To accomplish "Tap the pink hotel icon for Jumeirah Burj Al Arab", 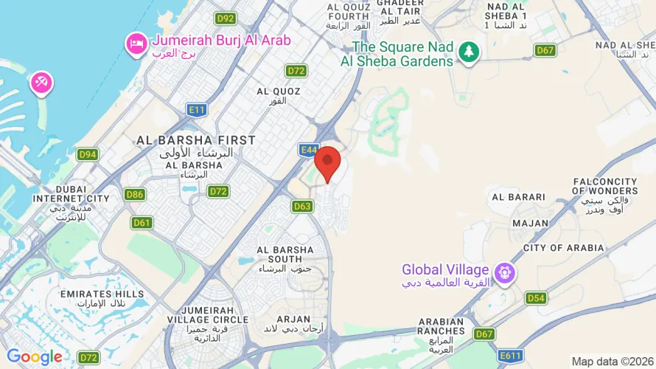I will [x=136, y=44].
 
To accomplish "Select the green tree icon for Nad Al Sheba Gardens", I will [x=468, y=52].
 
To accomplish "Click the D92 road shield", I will [x=225, y=18].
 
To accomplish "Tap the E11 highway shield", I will [x=196, y=110].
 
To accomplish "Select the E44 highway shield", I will [x=309, y=150].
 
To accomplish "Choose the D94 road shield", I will [x=88, y=154].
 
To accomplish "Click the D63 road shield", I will [x=302, y=207].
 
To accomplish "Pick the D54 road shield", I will [x=536, y=298].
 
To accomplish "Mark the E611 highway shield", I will [x=510, y=357].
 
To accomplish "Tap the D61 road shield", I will [x=142, y=222].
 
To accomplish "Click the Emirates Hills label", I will [x=92, y=299].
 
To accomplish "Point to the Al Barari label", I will [x=518, y=197].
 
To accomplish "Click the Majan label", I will [x=531, y=223].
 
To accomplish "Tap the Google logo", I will [x=35, y=357].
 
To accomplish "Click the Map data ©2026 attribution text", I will [x=613, y=362].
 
